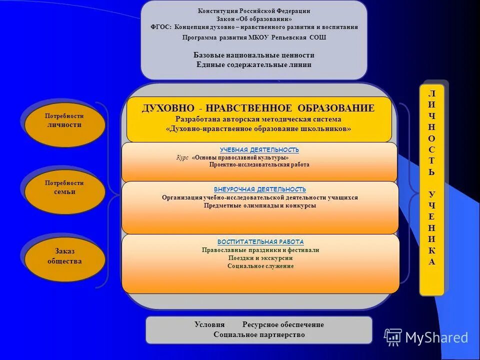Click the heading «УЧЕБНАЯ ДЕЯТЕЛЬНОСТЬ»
coord(259,150)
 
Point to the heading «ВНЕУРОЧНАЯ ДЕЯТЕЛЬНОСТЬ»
coord(259,189)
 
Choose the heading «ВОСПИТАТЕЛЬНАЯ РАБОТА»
coord(260,241)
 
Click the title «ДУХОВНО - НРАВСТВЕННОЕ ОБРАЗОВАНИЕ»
coord(258,108)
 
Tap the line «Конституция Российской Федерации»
coord(254,11)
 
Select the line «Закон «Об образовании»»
coord(254,19)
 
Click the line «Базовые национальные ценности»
coord(254,55)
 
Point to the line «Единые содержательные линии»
coord(254,64)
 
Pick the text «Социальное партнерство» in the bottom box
coord(259,334)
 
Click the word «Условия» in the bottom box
coord(209,324)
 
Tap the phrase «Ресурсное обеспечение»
coord(283,324)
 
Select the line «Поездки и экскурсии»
coord(260,258)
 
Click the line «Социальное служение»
coord(260,266)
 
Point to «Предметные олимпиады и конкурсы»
coord(260,205)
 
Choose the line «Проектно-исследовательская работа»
coord(259,164)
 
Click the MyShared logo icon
coord(393,337)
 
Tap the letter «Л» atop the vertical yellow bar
coord(432,93)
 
